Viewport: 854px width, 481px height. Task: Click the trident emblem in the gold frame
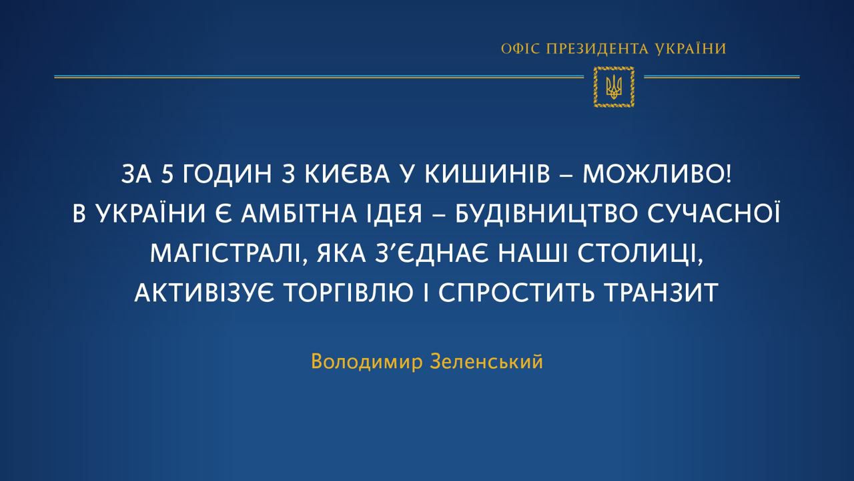614,87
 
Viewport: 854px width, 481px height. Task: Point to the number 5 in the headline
167,174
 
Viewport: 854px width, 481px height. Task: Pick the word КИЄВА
348,174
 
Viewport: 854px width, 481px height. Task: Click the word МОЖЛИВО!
657,174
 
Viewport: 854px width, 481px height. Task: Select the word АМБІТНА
299,214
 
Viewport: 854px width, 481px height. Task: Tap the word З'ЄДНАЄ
432,253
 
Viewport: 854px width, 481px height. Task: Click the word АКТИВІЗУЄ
204,293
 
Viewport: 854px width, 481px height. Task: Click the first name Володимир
367,361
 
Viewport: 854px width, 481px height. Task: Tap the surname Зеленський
486,361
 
